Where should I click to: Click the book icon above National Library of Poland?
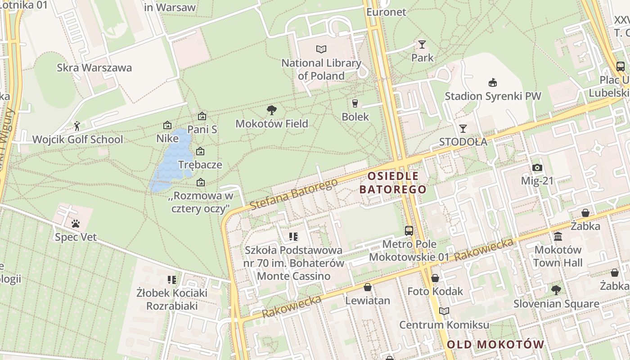(321, 49)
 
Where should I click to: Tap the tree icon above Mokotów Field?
(271, 110)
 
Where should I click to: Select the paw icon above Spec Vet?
(76, 223)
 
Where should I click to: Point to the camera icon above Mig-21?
(537, 168)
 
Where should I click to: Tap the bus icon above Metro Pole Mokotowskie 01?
(409, 231)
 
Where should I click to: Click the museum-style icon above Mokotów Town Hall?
(558, 236)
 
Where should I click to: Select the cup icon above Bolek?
(355, 103)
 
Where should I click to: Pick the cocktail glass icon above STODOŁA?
(463, 128)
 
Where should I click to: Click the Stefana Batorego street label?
(293, 194)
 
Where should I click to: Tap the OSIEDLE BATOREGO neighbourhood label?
(393, 182)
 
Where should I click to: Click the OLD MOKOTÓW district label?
(495, 345)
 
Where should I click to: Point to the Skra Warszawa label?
(94, 68)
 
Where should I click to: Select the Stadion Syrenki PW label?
(493, 96)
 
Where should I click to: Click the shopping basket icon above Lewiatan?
(368, 287)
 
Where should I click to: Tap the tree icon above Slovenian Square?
(556, 290)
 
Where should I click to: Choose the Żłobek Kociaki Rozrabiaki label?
(172, 299)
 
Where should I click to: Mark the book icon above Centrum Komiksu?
(444, 311)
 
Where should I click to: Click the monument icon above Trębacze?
(200, 152)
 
